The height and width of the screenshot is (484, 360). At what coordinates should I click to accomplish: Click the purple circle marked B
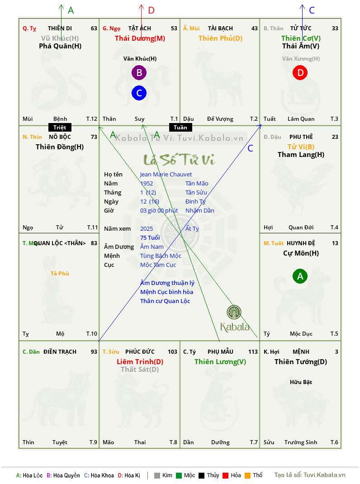tap(139, 72)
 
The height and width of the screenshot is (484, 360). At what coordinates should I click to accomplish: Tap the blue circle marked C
tap(139, 93)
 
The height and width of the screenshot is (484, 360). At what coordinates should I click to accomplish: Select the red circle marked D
tap(300, 72)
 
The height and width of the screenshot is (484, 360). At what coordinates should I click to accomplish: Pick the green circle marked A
tap(300, 276)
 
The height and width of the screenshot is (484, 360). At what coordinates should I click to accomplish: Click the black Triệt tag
tap(60, 128)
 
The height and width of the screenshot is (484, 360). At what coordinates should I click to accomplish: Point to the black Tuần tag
tap(180, 128)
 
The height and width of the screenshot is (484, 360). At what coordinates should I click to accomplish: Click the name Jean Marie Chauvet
tap(166, 175)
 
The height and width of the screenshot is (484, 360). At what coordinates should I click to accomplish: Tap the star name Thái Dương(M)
tap(140, 38)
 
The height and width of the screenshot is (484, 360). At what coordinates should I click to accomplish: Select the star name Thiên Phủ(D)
tap(220, 38)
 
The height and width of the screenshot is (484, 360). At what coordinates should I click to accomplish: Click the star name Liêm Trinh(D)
tap(140, 362)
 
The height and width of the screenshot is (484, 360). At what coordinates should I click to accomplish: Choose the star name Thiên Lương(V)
tap(220, 362)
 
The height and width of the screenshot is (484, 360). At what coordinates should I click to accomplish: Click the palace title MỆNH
tap(301, 352)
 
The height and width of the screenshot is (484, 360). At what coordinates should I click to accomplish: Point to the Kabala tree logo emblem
tap(234, 312)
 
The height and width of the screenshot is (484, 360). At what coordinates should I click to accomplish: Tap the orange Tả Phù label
tap(60, 274)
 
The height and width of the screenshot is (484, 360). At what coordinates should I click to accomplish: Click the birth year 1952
tap(147, 183)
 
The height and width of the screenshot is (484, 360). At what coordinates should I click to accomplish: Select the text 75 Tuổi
tap(150, 237)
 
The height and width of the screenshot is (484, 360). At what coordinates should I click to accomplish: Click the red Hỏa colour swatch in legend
tap(225, 475)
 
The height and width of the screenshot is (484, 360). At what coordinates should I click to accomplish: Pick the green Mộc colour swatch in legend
tap(179, 475)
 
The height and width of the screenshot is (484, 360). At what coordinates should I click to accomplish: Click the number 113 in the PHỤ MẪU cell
tap(253, 352)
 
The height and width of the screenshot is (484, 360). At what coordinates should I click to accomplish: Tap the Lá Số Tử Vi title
tap(180, 160)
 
